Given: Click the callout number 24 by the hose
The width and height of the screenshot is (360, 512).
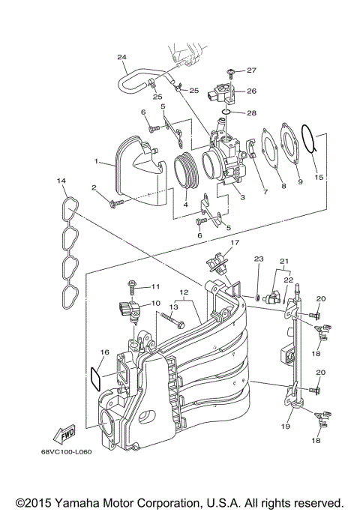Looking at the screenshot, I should coord(122,57).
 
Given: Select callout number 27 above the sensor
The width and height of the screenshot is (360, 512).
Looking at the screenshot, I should coord(251,70).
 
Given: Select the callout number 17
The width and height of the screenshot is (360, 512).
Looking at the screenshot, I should coord(234,243).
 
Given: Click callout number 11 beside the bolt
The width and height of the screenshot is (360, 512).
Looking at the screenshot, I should coord(156,286).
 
